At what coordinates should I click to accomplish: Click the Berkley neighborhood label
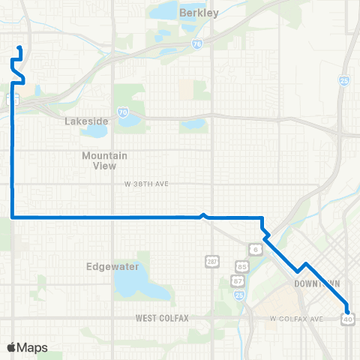199,13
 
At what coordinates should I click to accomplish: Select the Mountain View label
105,160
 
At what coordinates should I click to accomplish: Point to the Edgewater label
109,265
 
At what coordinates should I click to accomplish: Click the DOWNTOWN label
317,283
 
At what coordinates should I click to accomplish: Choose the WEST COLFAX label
162,318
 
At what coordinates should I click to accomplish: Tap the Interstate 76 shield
196,44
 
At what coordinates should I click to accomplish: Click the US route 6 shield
256,249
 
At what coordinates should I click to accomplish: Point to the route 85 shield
241,266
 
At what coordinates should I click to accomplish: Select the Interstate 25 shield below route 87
239,295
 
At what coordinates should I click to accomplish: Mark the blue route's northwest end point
19,49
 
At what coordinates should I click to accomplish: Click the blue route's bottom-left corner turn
13,217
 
